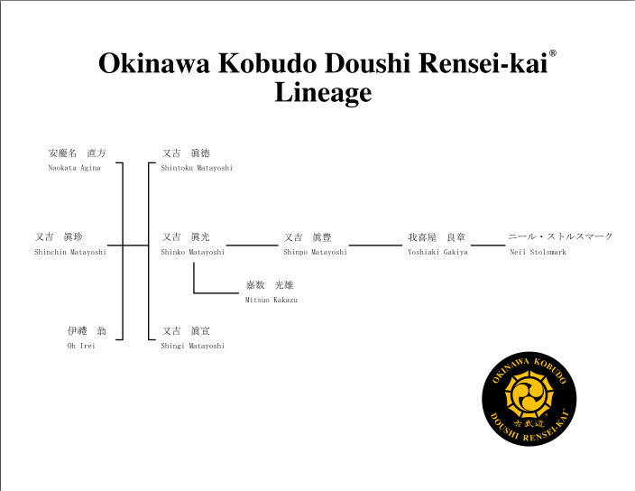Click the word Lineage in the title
coord(323,92)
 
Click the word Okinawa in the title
coord(154,63)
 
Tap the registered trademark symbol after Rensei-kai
coord(552,53)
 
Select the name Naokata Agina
coord(74,168)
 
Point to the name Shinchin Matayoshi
coord(70,252)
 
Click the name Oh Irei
coord(81,346)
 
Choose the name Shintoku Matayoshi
coord(197,168)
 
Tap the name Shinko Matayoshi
coord(193,252)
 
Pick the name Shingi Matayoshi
coord(193,346)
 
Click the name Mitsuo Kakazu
coord(271,300)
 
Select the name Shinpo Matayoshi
coord(315,252)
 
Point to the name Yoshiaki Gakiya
coord(437,252)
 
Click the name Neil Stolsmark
coord(538,252)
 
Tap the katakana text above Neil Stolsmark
coord(560,236)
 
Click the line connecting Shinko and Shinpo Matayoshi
coord(252,245)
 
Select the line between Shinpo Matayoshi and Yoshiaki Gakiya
coord(375,245)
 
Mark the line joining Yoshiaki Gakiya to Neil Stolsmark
coord(488,245)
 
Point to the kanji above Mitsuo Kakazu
coord(270,285)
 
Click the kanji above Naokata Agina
coord(77,153)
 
